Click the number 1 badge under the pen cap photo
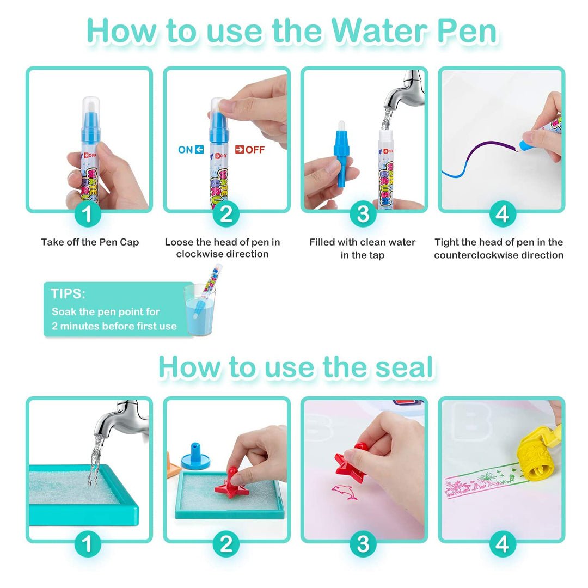click(x=87, y=214)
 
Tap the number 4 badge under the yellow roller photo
click(x=503, y=544)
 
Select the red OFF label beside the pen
click(x=250, y=150)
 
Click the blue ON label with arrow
click(x=191, y=150)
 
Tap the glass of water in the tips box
click(x=200, y=310)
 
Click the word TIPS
click(x=68, y=293)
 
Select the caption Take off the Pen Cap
click(x=90, y=242)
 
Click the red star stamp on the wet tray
click(x=231, y=483)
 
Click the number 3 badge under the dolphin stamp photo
click(x=363, y=544)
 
